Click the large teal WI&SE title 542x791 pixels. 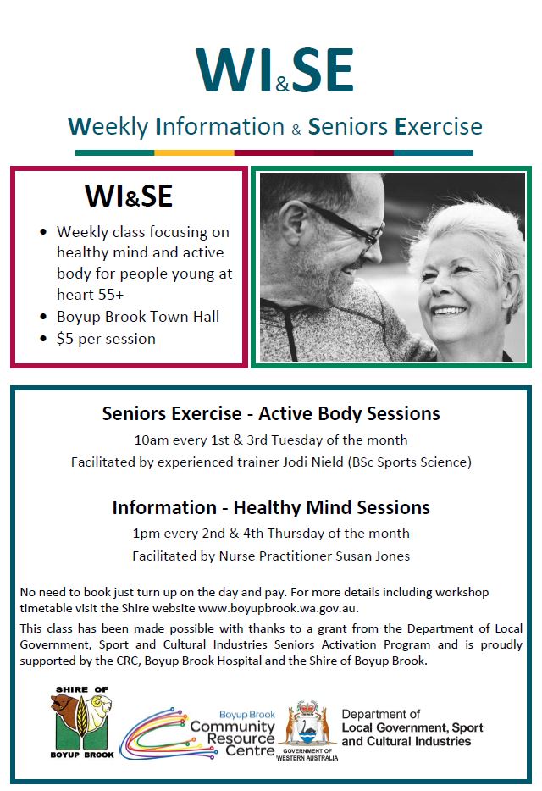274,70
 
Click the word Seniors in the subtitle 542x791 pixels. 348,126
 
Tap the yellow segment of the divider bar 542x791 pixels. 194,152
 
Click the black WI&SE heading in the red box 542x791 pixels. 129,196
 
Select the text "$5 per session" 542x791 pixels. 106,339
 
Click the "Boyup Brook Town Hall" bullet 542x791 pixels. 138,316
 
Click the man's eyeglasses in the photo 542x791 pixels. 344,222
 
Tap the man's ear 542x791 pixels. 294,223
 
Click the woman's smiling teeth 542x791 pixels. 449,311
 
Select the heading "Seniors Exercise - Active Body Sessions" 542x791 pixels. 271,413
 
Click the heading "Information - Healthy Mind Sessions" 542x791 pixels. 271,507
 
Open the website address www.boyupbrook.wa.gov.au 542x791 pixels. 278,608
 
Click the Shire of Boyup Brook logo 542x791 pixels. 82,722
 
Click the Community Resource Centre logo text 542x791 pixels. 233,734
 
